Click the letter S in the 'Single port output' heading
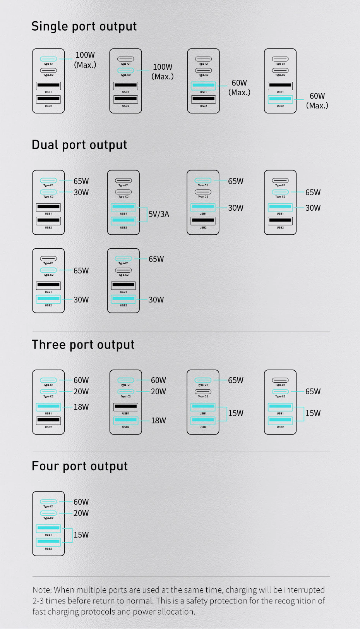click(x=35, y=26)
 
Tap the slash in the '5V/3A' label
click(x=159, y=214)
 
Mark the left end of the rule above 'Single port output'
click(x=33, y=13)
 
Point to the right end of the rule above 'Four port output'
click(x=330, y=452)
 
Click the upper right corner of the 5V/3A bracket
click(x=147, y=207)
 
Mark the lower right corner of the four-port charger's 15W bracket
click(x=72, y=542)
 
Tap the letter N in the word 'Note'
click(x=36, y=589)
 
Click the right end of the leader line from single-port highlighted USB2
click(x=304, y=99)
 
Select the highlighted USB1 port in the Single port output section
click(x=204, y=85)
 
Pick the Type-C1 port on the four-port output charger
click(x=48, y=502)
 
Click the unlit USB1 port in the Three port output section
click(x=126, y=407)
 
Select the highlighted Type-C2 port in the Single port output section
click(x=125, y=70)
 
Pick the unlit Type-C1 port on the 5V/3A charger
click(x=123, y=180)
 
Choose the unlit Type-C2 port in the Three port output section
click(x=203, y=392)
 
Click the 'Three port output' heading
click(x=83, y=345)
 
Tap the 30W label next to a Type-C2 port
click(x=81, y=192)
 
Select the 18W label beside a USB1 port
click(x=81, y=407)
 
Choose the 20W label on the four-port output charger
click(x=81, y=513)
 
